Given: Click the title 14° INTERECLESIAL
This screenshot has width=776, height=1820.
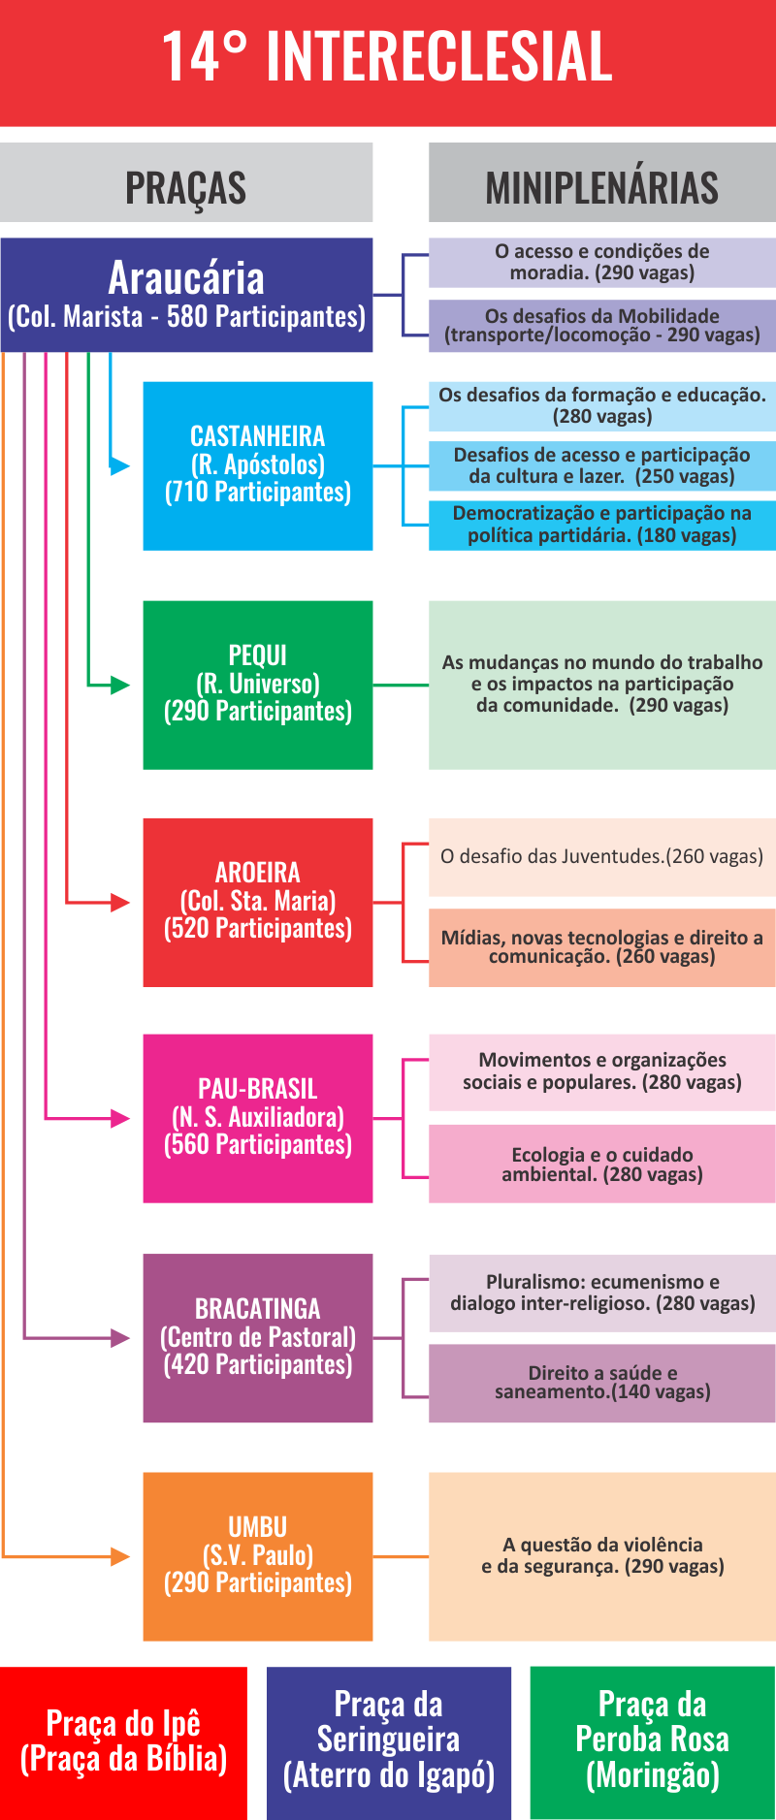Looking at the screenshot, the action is [387, 56].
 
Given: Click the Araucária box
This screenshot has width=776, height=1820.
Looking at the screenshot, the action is [186, 295].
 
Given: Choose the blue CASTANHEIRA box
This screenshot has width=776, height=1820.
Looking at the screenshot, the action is [258, 465].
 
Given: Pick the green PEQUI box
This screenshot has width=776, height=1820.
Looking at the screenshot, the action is [258, 685].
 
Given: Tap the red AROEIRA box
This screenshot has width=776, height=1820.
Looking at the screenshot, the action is [258, 903].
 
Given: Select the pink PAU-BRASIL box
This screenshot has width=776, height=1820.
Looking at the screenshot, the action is [258, 1119].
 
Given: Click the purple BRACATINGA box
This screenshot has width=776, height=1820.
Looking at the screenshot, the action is [258, 1338].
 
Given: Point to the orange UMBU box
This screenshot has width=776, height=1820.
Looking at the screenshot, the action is [258, 1557].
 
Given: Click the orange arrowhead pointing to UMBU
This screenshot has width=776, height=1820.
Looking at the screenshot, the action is [120, 1557].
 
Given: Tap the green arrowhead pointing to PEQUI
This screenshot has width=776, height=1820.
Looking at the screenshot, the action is [120, 686].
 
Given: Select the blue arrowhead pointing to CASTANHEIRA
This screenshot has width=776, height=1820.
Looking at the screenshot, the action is [120, 466].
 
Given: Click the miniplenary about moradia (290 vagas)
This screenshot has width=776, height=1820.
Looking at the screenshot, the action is [602, 263].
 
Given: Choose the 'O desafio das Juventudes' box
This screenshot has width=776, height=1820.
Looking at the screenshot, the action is [602, 857].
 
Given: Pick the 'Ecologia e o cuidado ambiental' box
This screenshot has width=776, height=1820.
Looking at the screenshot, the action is [602, 1164].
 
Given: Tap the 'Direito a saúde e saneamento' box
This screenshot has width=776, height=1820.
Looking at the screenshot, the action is [602, 1383].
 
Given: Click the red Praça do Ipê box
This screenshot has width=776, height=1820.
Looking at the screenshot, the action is [123, 1743].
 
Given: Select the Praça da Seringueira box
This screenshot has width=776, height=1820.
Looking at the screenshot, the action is [389, 1743].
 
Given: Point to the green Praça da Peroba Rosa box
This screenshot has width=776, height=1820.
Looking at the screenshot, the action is [653, 1743].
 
